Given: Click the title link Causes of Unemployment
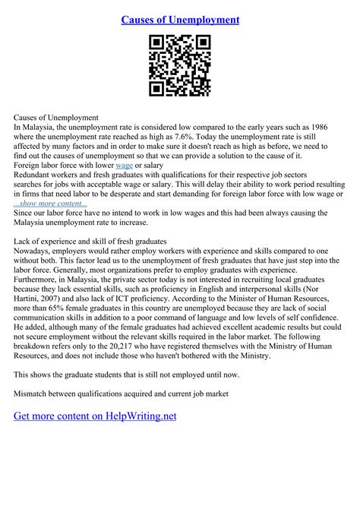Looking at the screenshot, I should pyautogui.click(x=180, y=19).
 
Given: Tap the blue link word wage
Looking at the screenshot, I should pyautogui.click(x=125, y=164).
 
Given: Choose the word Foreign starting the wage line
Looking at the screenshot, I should pyautogui.click(x=28, y=164).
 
